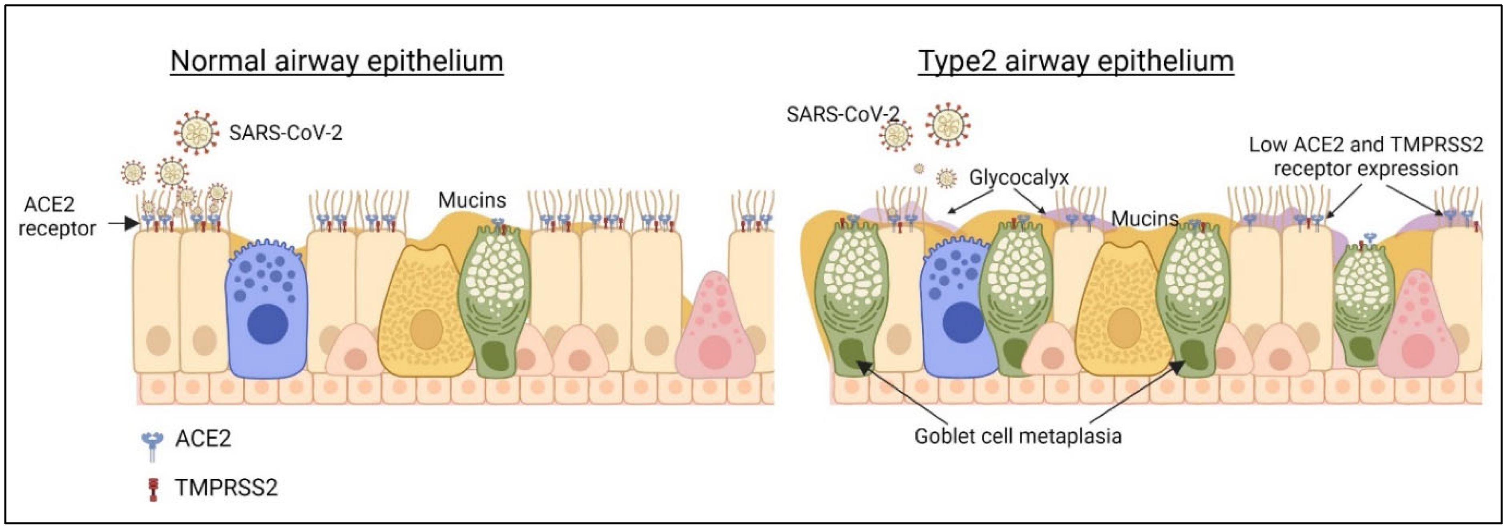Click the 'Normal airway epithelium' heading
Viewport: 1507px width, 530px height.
tap(336, 61)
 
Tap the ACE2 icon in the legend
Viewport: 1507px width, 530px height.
tap(153, 445)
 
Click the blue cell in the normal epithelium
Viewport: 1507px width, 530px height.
tap(267, 310)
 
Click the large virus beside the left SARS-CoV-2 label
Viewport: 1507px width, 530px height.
tap(197, 134)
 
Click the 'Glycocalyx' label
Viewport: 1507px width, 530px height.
tap(1019, 177)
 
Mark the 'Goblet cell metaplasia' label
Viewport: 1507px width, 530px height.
tap(1018, 436)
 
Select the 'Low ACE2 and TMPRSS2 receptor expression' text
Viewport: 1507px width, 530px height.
tap(1366, 156)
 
